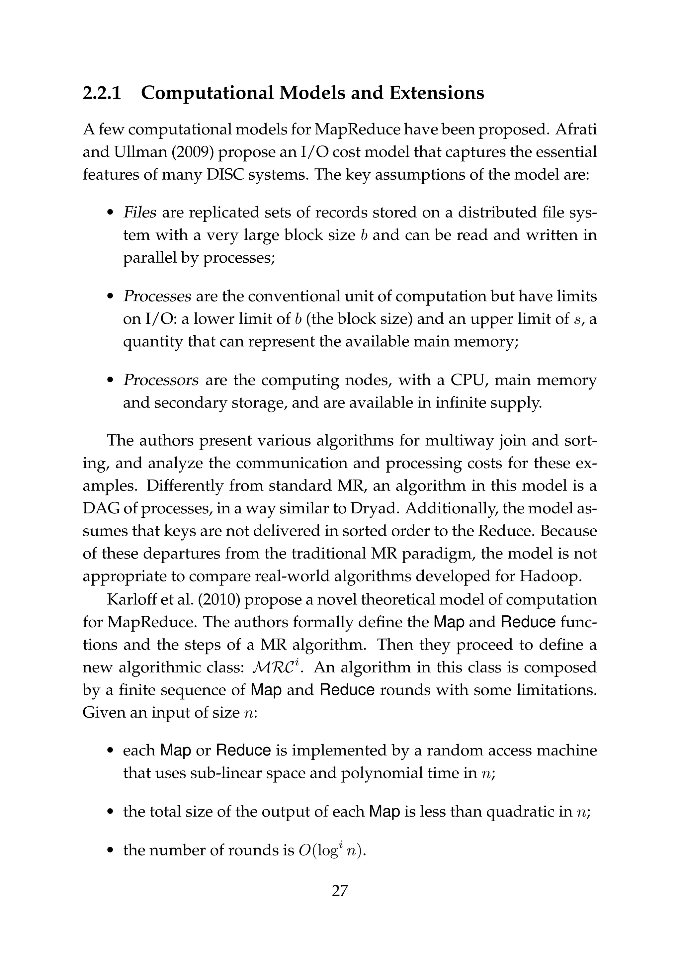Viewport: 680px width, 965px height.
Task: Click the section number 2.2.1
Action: tap(102, 93)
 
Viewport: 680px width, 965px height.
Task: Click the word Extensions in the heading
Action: tap(437, 93)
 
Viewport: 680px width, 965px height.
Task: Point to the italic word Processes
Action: tap(157, 297)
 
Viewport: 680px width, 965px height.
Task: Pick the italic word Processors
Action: tap(161, 380)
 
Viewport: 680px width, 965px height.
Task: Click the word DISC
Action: tap(224, 174)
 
